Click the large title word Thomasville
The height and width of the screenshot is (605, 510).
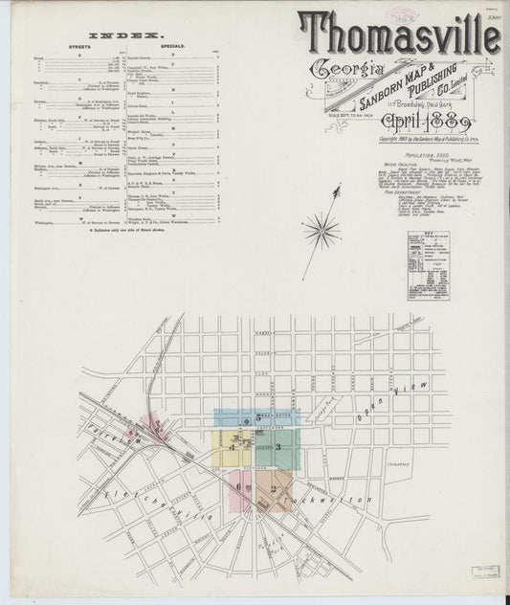point(399,35)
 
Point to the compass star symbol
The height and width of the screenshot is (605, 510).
point(323,230)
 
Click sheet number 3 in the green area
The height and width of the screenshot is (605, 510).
point(277,446)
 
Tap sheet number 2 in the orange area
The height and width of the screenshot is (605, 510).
point(273,489)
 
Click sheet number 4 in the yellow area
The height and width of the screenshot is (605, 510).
point(232,446)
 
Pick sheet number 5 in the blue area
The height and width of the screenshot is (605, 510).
point(257,418)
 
